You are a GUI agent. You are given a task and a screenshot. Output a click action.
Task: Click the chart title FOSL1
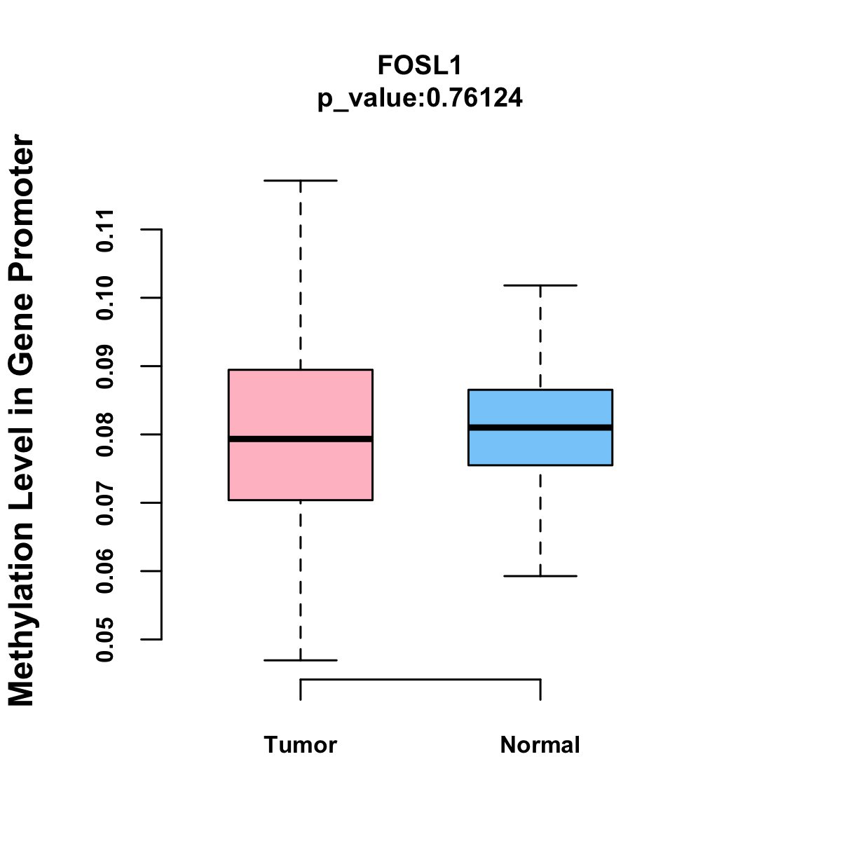point(420,65)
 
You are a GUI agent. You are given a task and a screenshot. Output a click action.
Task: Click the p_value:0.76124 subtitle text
point(420,98)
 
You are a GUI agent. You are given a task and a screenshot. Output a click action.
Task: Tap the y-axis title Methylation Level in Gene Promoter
point(22,420)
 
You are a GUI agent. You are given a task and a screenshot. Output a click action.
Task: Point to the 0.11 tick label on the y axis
point(105,230)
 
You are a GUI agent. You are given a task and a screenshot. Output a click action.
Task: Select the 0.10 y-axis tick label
point(105,298)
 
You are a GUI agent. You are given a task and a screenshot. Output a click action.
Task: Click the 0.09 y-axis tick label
point(105,367)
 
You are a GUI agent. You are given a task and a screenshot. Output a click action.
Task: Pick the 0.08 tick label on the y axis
point(105,435)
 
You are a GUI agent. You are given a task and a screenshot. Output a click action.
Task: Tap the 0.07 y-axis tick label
point(105,503)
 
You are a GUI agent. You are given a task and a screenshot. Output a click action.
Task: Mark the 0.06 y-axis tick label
point(105,571)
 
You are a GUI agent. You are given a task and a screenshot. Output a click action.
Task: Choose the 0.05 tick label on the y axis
point(105,640)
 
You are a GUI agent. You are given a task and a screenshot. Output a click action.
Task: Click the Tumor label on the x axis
point(301,745)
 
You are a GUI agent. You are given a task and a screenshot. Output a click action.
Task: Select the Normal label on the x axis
point(540,745)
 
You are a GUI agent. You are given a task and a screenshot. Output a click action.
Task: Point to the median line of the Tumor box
point(301,439)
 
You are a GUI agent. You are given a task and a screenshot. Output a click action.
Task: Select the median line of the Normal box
point(540,428)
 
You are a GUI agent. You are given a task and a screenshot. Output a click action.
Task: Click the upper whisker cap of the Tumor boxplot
point(301,180)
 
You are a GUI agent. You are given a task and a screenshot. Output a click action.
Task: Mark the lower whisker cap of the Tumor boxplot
point(301,660)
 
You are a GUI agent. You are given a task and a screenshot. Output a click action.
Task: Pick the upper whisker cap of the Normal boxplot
point(540,285)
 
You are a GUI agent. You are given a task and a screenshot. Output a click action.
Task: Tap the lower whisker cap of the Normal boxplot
point(540,576)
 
